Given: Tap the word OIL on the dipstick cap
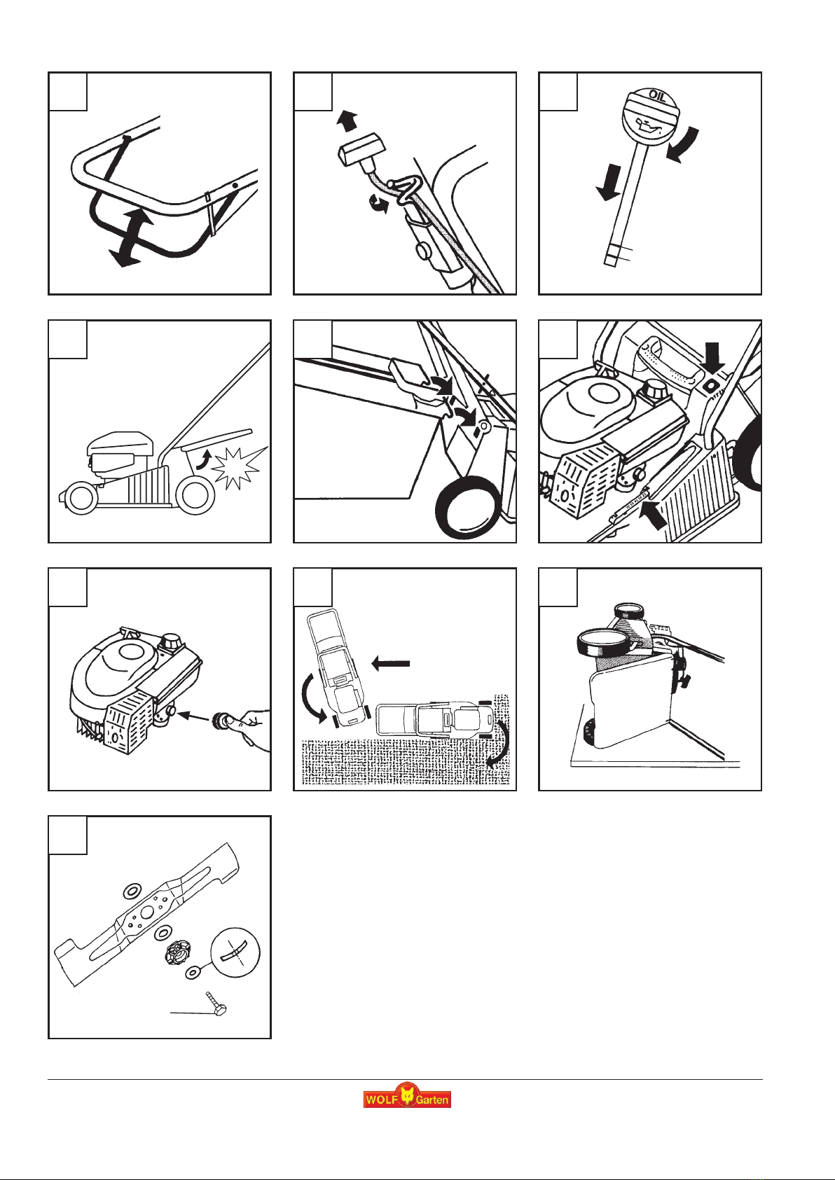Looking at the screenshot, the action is [x=656, y=96].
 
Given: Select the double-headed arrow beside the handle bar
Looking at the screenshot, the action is [x=132, y=237].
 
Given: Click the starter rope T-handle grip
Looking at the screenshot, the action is [x=361, y=150].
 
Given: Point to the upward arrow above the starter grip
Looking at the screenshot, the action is [x=347, y=120].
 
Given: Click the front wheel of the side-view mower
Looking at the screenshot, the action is [x=81, y=498].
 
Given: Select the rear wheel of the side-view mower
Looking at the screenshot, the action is [x=195, y=496].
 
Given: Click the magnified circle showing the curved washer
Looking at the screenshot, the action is [x=235, y=952].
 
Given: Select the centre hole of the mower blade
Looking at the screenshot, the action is [x=147, y=912].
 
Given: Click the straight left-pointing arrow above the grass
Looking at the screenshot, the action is [x=390, y=663].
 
